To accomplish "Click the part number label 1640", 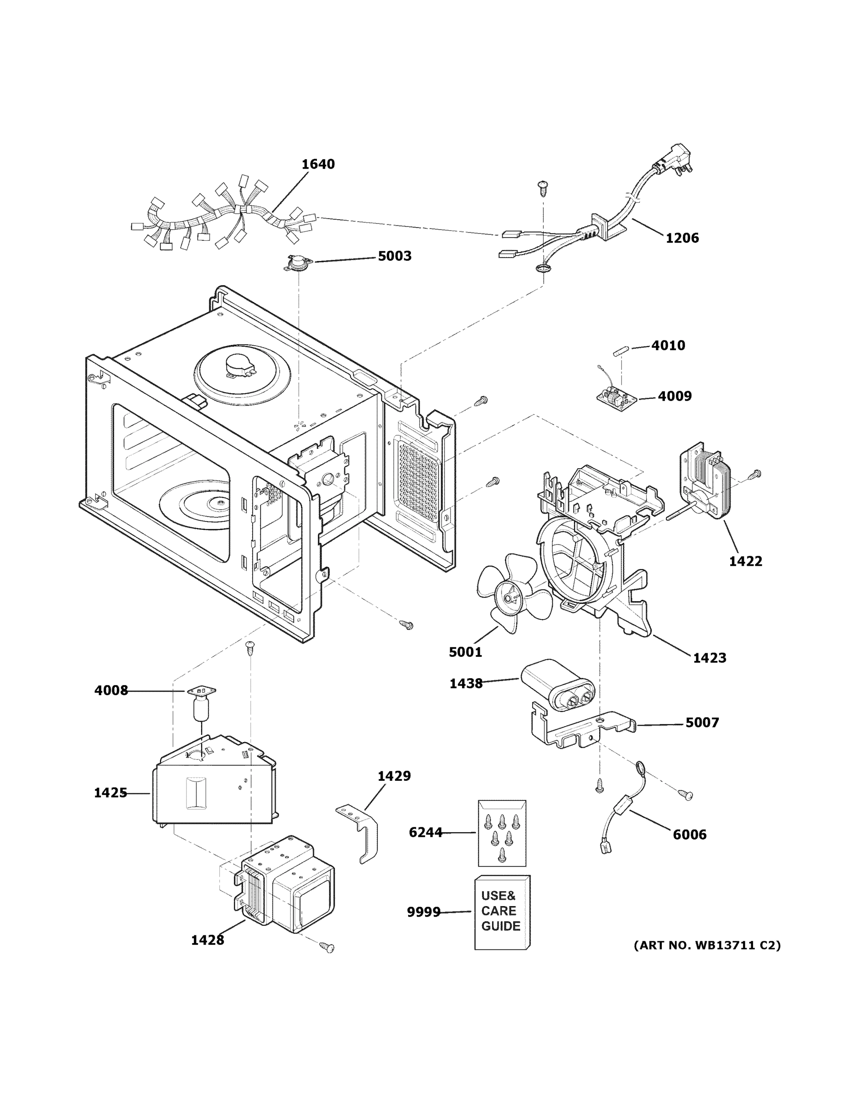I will [318, 164].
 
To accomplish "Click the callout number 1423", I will [709, 658].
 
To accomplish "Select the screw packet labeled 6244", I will [502, 833].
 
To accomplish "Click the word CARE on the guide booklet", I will [498, 911].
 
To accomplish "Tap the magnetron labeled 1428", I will [285, 886].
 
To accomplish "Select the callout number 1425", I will [110, 793].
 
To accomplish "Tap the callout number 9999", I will [423, 912].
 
